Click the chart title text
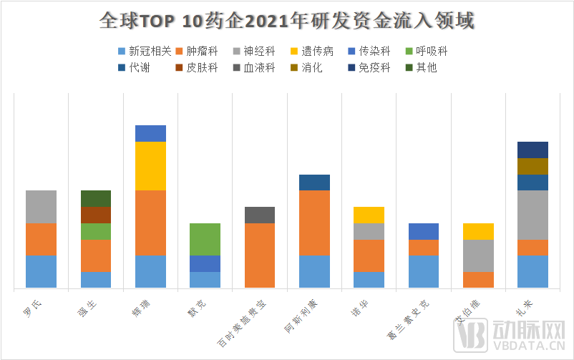[286, 20]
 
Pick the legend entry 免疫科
[374, 68]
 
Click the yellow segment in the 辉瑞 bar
[150, 166]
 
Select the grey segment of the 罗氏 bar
[41, 207]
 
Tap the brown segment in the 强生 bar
[96, 215]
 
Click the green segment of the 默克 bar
[205, 239]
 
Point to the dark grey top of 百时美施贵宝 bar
[260, 215]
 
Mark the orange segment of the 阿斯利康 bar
[314, 223]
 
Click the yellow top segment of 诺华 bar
[369, 215]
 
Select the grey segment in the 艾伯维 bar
[478, 256]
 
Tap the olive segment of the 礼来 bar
[532, 166]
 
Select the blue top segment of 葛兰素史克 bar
[424, 231]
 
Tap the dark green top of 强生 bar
[96, 198]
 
